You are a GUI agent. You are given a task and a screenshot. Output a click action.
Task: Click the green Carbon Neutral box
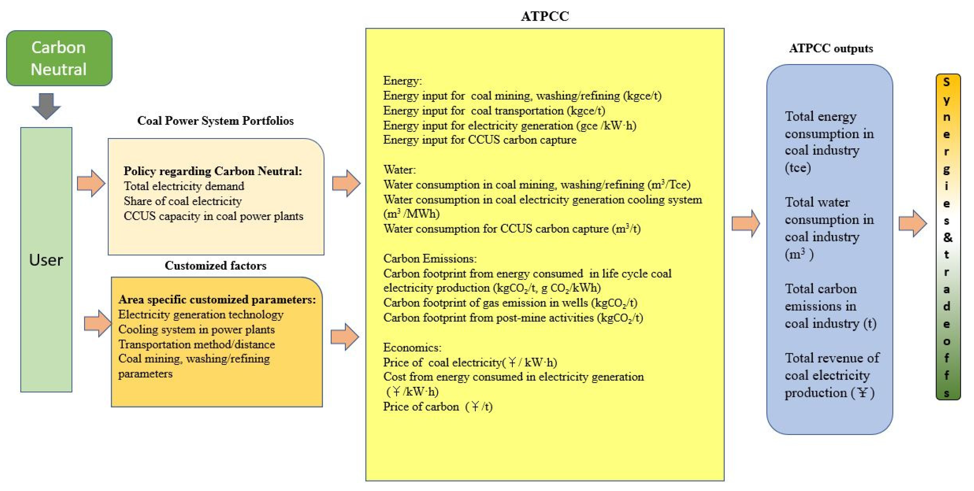point(59,58)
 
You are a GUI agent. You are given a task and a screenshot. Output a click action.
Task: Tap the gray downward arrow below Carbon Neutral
point(46,106)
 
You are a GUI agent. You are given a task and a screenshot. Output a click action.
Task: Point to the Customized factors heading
point(215,265)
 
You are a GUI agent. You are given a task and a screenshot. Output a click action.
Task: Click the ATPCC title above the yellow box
point(545,16)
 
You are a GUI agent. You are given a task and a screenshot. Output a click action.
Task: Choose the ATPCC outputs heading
point(831,48)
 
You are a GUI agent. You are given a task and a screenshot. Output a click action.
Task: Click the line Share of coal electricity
point(183,201)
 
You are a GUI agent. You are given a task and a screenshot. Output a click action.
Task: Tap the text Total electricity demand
point(184,186)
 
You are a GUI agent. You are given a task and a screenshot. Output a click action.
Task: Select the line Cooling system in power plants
point(196,329)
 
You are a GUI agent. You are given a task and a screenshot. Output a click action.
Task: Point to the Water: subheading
point(399,170)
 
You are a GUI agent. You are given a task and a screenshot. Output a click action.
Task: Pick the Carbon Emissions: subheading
point(429,258)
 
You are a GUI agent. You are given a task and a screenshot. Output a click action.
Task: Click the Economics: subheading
point(412,347)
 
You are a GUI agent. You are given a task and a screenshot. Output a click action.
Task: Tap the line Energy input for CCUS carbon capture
point(479,140)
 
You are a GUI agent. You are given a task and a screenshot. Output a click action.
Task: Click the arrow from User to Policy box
point(91,184)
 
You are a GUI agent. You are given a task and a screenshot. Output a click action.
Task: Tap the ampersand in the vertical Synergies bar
point(948,237)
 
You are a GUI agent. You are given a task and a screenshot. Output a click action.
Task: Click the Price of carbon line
point(437,406)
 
